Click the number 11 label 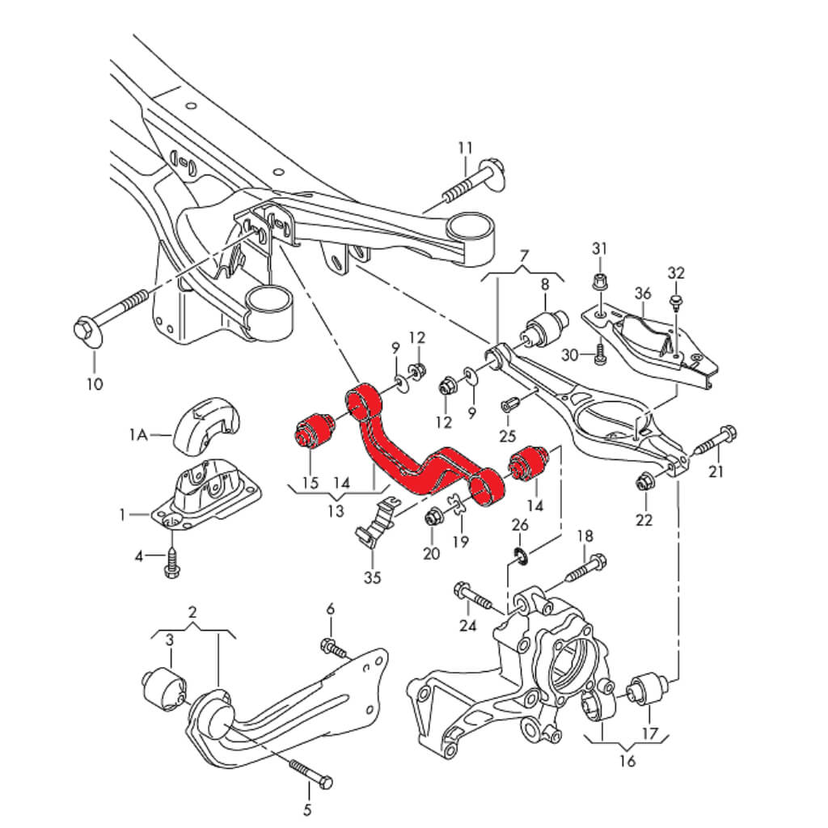pos(464,148)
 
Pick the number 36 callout pos(643,292)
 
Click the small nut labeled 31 pos(598,282)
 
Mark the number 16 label pos(627,760)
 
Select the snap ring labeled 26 pos(521,556)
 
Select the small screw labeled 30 pos(599,353)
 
